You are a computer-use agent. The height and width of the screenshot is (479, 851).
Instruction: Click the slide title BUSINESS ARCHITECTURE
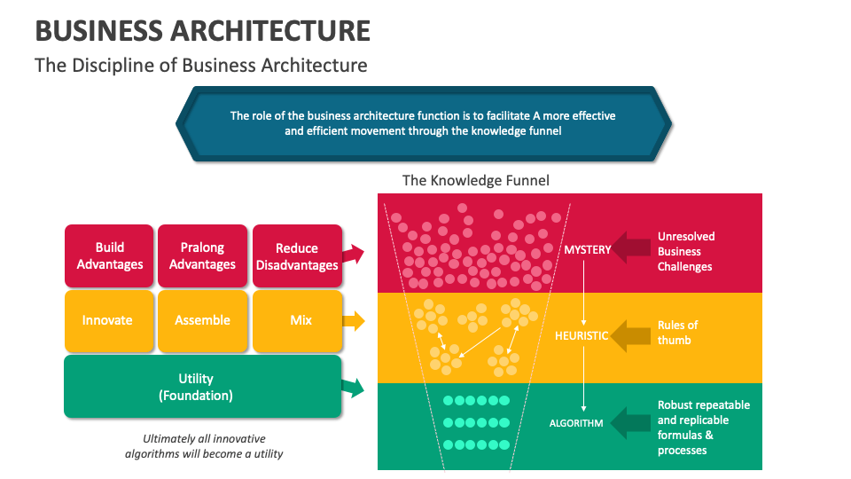(202, 30)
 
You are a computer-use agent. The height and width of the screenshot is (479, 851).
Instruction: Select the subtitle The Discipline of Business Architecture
(200, 66)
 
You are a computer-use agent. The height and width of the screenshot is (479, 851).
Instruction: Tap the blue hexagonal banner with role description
(423, 123)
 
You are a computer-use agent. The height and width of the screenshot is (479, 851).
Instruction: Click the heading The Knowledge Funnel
(475, 180)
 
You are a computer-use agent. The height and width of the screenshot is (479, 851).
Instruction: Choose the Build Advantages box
(109, 255)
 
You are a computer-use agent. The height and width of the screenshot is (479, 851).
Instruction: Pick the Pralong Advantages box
(202, 255)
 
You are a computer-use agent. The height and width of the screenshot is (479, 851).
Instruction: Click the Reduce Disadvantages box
(296, 256)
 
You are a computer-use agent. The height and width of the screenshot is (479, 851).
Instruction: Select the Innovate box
(107, 320)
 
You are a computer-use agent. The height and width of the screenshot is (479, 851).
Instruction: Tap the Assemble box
(202, 320)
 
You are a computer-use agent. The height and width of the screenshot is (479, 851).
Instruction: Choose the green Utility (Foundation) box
(202, 387)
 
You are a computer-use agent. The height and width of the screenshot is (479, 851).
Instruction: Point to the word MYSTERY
(587, 249)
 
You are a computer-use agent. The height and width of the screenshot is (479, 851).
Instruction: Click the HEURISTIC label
(582, 336)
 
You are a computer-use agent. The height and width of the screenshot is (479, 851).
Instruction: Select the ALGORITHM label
(576, 423)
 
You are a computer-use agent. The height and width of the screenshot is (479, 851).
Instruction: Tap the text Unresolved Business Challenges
(685, 252)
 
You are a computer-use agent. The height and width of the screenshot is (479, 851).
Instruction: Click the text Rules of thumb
(678, 333)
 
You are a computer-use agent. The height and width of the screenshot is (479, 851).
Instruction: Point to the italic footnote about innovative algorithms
(204, 446)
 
